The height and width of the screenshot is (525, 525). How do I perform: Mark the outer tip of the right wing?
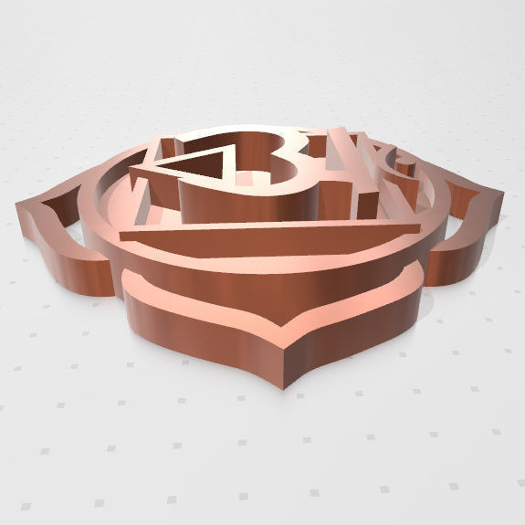click(x=500, y=194)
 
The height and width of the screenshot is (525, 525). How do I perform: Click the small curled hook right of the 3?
click(x=402, y=165)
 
